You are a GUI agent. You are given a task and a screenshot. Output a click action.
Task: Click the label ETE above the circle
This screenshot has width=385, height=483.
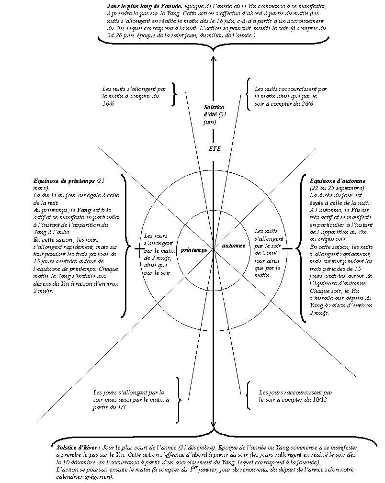click(215, 149)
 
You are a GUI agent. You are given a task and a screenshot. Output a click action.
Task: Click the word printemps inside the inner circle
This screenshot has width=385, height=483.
click(194, 250)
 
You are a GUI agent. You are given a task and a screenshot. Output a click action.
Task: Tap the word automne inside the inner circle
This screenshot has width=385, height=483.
click(234, 246)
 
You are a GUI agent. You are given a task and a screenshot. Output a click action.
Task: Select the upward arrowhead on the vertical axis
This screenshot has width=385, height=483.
click(214, 60)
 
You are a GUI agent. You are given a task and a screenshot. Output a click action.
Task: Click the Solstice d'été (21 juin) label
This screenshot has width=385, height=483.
click(214, 114)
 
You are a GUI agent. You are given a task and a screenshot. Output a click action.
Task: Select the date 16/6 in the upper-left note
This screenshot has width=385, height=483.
click(108, 104)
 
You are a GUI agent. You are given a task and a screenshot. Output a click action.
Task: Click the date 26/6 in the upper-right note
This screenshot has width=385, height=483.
click(306, 104)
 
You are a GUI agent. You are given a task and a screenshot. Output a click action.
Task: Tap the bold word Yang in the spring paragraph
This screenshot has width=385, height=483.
click(84, 210)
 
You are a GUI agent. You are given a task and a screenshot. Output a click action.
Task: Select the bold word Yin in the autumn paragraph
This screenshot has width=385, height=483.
click(355, 210)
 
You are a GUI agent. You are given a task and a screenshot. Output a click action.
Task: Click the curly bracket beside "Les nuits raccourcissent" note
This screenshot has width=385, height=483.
click(248, 94)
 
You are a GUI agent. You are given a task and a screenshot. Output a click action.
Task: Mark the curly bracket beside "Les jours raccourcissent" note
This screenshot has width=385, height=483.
click(248, 395)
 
